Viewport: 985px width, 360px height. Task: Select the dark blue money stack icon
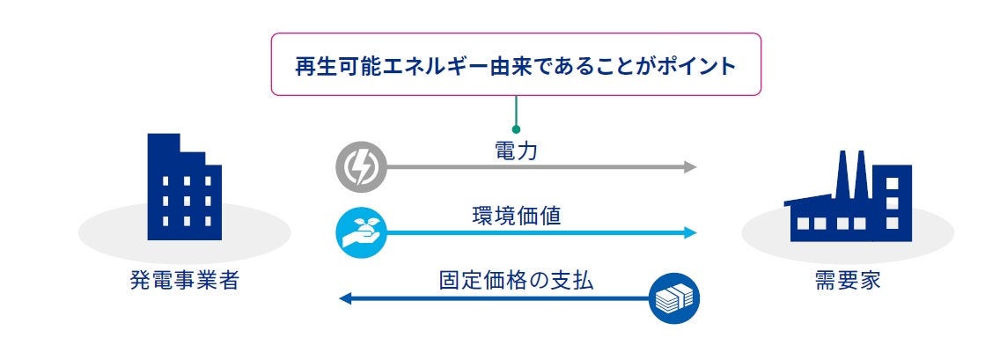(x=673, y=298)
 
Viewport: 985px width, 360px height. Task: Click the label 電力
(x=517, y=151)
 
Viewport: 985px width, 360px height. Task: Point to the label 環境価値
(x=517, y=217)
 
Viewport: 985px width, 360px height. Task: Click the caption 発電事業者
(x=184, y=283)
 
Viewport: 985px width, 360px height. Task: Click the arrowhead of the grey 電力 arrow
(x=690, y=166)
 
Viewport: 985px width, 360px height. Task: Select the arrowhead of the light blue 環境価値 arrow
(x=690, y=232)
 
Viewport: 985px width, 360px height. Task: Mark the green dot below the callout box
(x=516, y=129)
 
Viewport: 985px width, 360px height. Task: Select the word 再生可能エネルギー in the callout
(x=381, y=67)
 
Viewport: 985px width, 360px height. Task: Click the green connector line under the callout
(x=516, y=110)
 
